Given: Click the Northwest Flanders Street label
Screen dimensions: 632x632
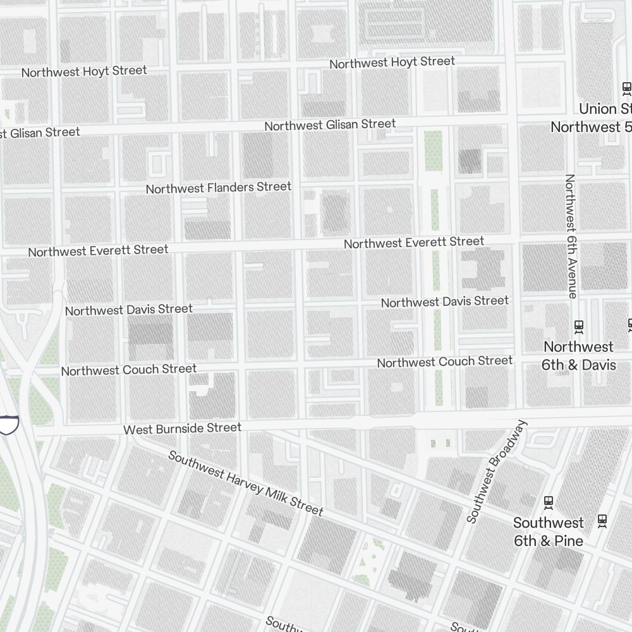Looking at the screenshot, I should point(218,188).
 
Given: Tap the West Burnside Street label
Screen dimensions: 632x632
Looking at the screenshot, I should point(182,428).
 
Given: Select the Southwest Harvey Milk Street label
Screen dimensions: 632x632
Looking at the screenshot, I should point(245,483).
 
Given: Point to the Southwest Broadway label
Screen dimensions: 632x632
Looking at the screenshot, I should point(496,471).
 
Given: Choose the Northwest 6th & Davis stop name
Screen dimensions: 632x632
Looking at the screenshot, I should point(578,356).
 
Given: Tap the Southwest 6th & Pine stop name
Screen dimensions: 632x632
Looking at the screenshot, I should point(548,532).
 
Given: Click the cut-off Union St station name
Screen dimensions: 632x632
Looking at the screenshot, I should point(605,109).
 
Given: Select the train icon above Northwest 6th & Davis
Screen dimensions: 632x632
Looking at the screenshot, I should point(578,326).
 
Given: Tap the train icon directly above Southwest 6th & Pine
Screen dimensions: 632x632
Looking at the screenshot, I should point(549,502).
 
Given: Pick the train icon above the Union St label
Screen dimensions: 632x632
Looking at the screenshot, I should point(626,88).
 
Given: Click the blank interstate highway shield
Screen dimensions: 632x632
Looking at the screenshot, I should point(8,425).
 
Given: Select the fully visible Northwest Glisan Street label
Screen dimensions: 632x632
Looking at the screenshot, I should point(330,125).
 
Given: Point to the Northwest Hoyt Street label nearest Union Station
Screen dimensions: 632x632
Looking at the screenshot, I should point(392,62).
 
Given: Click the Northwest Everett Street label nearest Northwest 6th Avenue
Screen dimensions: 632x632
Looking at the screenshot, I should point(414,242).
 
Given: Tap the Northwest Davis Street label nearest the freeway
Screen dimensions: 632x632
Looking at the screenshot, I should point(128,310).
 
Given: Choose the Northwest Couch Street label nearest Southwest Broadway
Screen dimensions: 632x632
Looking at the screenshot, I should point(445,362).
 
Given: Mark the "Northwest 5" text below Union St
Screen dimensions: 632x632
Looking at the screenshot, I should point(590,127).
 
